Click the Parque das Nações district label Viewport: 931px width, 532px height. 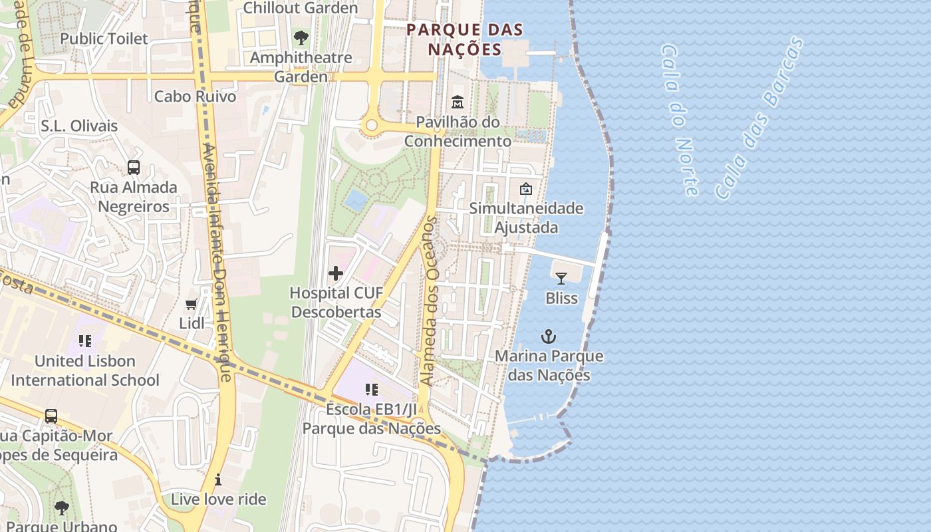coord(464,39)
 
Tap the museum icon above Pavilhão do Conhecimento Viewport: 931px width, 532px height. coord(458,102)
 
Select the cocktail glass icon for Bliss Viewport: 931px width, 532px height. coord(561,278)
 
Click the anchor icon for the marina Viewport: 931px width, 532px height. coord(549,336)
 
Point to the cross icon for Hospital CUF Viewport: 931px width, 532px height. coord(336,273)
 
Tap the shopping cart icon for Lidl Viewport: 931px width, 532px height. coord(192,304)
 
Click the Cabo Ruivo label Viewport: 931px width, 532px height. coord(195,96)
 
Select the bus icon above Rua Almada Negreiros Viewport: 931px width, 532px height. coord(134,167)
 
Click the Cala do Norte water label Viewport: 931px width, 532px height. coord(680,120)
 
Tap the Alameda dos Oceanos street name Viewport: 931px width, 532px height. coord(430,301)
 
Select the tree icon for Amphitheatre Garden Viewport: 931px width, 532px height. coord(301,37)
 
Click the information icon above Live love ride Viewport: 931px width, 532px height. coord(218,479)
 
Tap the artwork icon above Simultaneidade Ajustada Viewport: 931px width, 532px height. coord(526,189)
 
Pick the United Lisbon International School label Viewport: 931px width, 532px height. coord(85,370)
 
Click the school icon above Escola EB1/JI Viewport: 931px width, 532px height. coord(371,390)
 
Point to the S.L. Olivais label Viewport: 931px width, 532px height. coord(79,126)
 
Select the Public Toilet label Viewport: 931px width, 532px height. coord(104,39)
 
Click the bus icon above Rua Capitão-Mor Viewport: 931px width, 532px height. coord(51,416)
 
